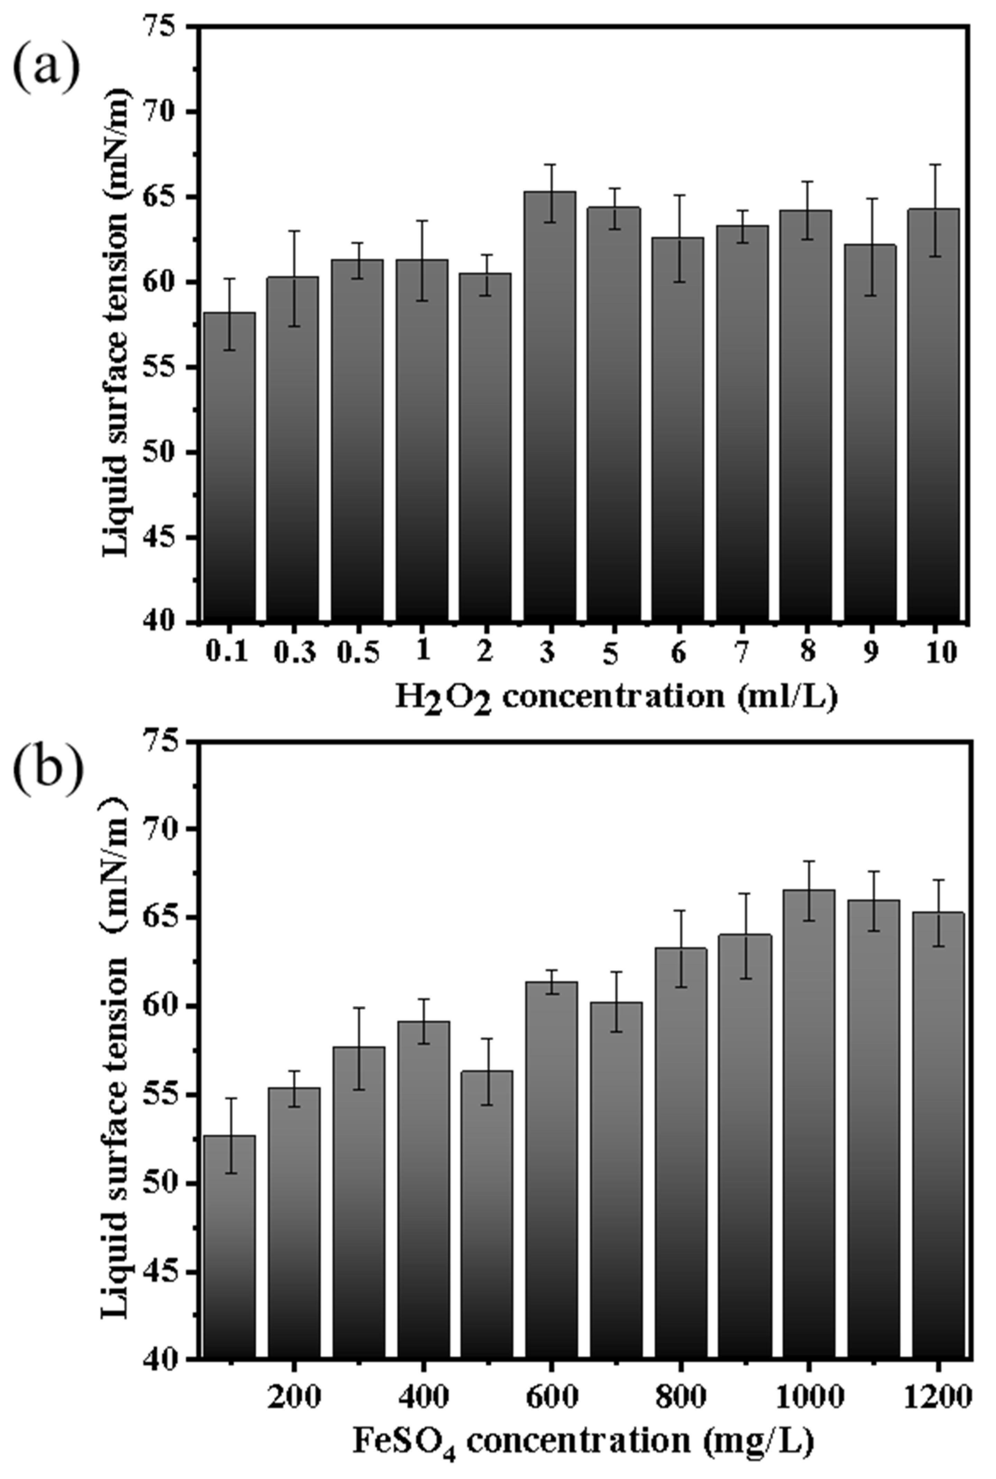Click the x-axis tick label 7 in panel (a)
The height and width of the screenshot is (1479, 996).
(x=741, y=652)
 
